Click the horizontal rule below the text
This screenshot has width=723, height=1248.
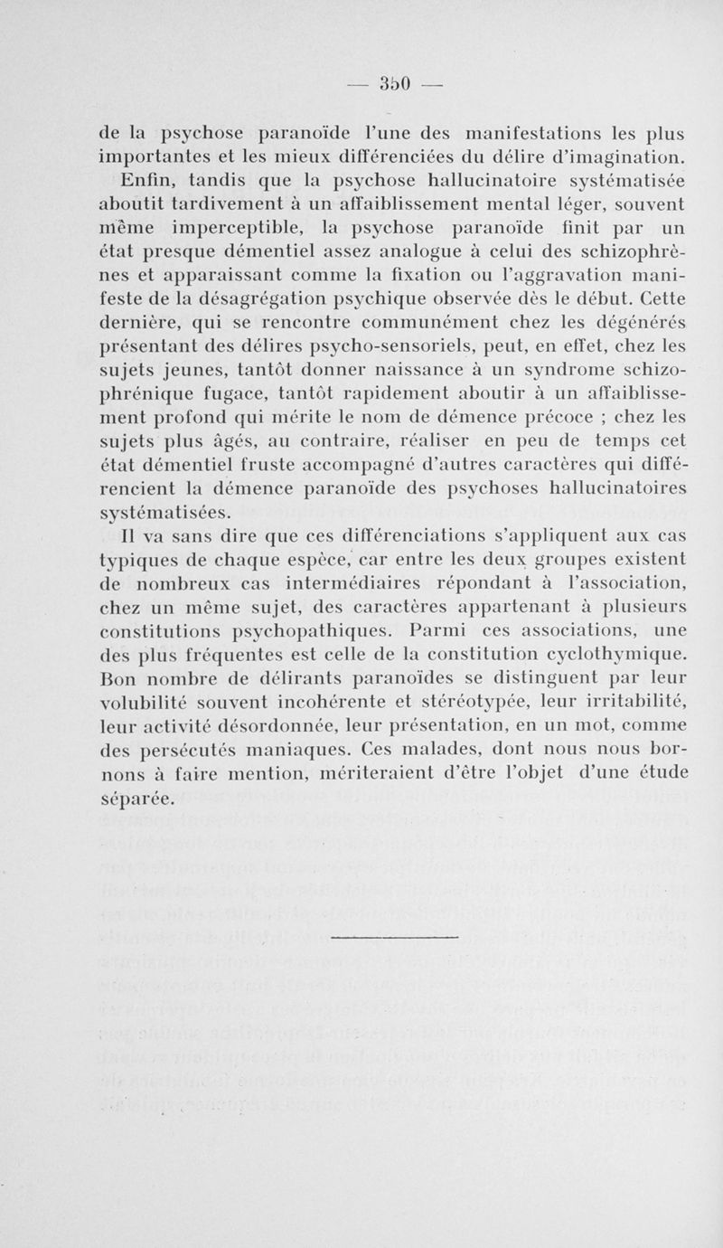[394, 935]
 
